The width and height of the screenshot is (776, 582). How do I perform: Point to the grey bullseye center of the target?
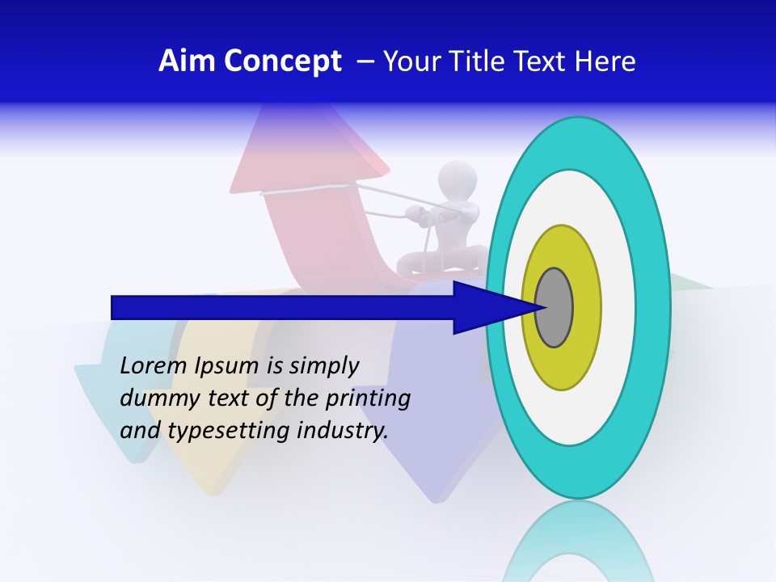tap(554, 308)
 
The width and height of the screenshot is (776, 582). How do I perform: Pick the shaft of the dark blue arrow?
tap(283, 308)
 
